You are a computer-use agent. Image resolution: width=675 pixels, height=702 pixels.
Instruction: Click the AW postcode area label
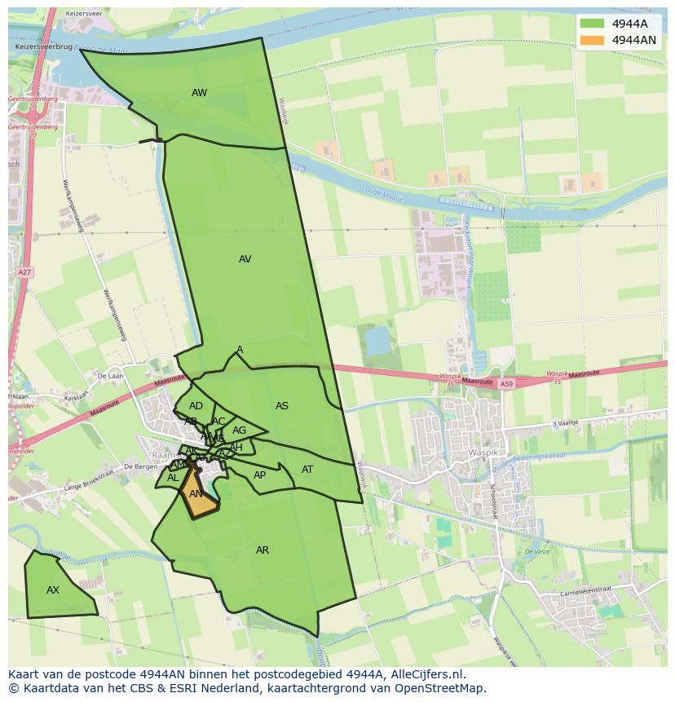click(199, 93)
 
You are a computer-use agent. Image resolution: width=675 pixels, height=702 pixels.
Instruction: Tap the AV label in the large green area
click(245, 259)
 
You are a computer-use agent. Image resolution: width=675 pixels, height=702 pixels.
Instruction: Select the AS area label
click(282, 406)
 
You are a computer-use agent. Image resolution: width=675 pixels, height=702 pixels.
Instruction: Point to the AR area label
click(262, 550)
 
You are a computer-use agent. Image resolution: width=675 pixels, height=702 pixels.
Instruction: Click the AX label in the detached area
click(53, 590)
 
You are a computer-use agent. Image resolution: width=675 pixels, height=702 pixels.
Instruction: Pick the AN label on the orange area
click(196, 494)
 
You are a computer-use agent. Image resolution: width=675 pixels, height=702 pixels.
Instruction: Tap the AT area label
click(307, 470)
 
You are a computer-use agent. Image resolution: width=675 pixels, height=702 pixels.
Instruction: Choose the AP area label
click(259, 475)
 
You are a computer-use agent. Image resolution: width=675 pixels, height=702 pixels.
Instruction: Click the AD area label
click(196, 406)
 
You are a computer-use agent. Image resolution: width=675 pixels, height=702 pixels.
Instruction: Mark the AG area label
click(239, 430)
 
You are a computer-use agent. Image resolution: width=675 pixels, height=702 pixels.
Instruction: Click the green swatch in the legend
click(593, 24)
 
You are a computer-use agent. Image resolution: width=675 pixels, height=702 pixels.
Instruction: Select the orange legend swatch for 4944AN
click(593, 40)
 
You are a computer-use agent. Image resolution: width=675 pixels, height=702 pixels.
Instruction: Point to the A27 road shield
click(24, 272)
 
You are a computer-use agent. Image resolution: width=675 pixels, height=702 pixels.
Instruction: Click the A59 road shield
click(507, 383)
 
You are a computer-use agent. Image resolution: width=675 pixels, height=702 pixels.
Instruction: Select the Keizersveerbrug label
click(44, 48)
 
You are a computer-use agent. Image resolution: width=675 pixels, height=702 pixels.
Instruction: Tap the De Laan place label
click(109, 376)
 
